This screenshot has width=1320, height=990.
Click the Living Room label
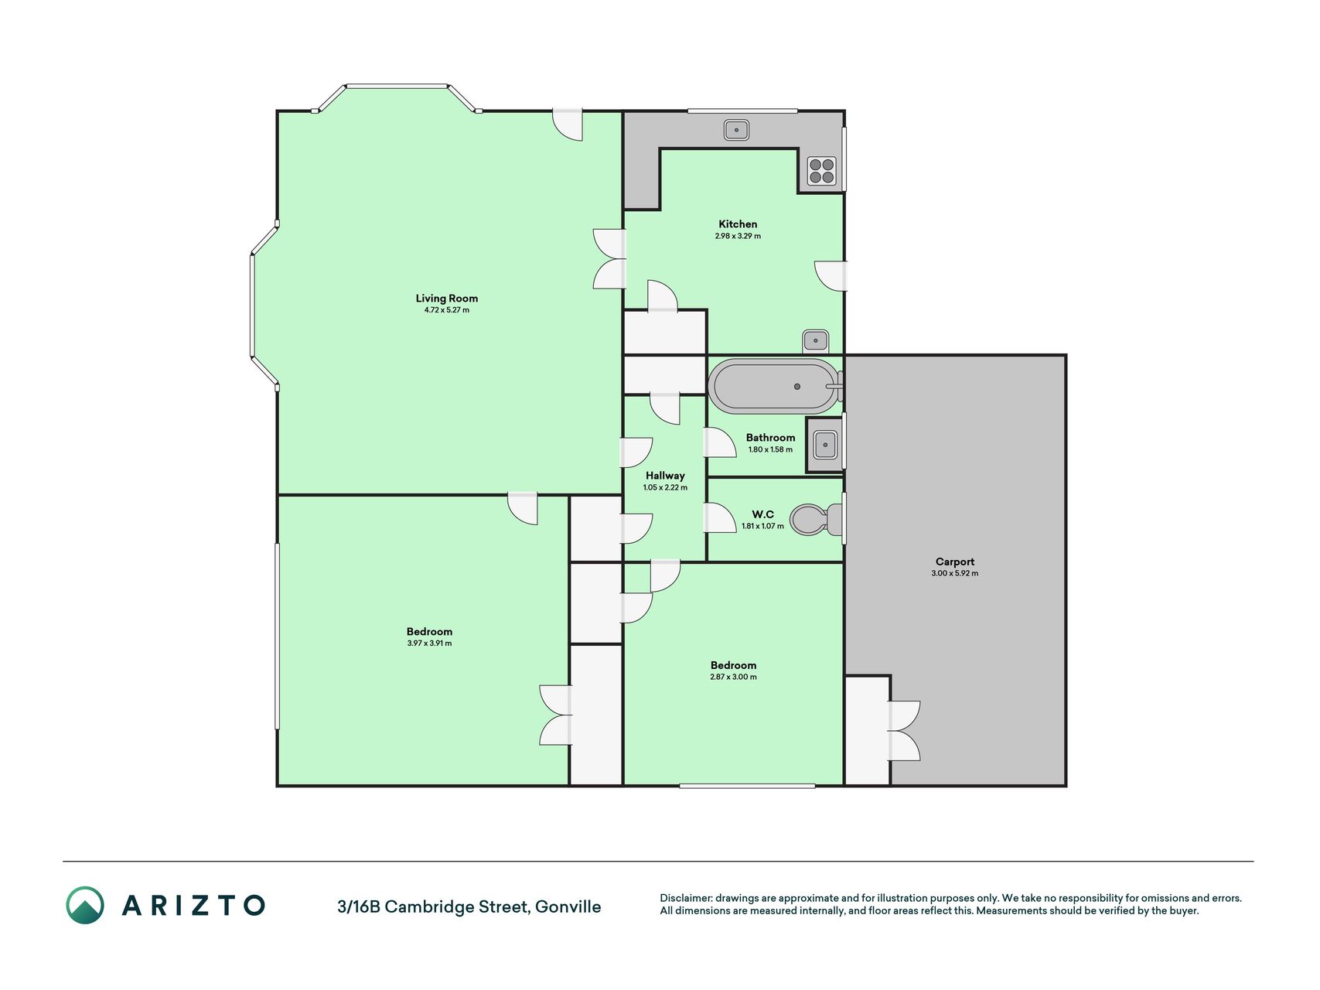446,299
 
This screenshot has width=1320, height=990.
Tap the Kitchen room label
738,224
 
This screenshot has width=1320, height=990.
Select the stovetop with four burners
821,171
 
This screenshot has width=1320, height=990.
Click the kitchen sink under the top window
736,129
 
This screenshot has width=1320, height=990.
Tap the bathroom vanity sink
825,445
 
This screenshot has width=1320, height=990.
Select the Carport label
955,562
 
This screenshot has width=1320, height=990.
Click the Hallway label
665,476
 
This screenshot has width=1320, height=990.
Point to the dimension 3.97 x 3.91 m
429,643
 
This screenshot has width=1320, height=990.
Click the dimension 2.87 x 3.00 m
733,677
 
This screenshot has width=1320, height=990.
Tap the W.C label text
762,514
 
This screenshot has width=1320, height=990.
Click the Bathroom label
770,438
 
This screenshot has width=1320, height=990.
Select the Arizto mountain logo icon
84,905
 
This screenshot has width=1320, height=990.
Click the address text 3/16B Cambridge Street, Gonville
469,906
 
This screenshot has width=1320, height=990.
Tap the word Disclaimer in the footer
685,898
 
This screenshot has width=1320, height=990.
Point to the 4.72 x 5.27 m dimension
446,310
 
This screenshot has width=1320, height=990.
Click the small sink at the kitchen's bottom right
816,340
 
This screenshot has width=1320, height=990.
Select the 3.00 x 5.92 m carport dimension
955,574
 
